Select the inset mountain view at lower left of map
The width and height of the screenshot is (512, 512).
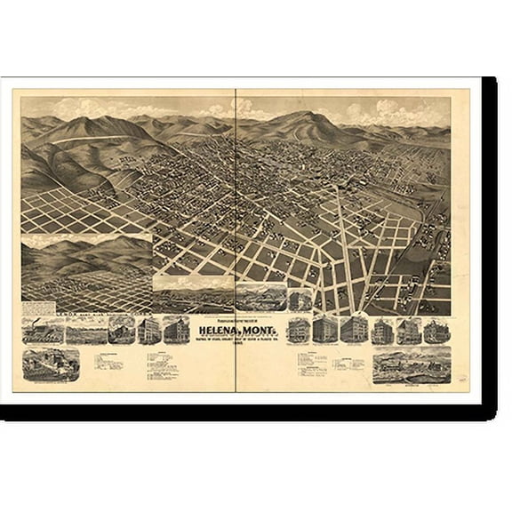[86, 271]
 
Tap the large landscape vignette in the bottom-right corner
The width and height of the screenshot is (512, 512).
[412, 364]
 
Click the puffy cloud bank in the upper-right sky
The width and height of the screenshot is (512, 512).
[391, 111]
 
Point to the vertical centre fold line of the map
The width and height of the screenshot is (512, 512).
[236, 222]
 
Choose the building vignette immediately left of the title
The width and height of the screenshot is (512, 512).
[175, 330]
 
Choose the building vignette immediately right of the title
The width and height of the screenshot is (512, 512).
[299, 330]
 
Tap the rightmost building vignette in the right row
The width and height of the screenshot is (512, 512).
[436, 331]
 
